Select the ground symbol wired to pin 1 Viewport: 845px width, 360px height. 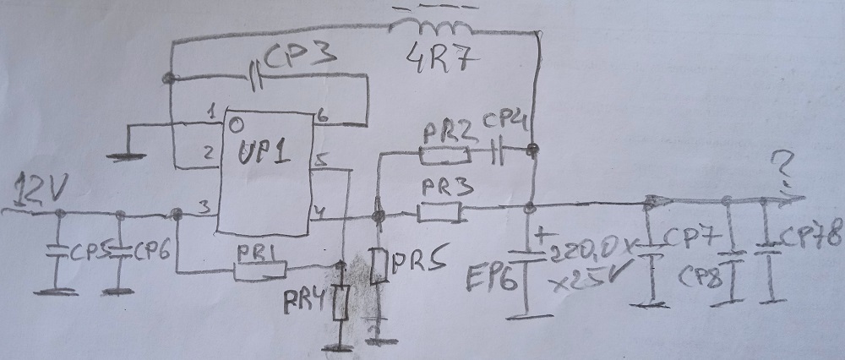[x=126, y=155]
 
